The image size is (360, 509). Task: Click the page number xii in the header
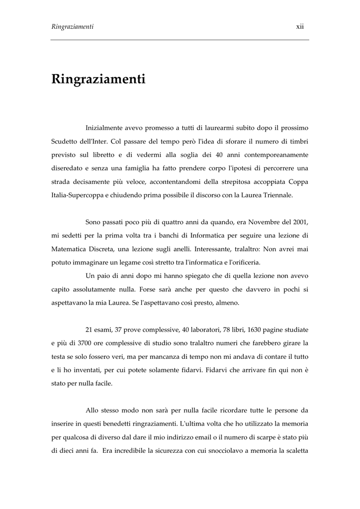point(300,26)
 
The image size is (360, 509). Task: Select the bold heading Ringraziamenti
point(98,80)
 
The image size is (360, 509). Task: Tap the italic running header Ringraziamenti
point(73,26)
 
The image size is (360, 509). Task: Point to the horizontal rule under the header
point(180,40)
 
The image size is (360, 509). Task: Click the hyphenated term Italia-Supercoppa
point(80,195)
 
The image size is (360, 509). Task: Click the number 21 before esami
point(90,330)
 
